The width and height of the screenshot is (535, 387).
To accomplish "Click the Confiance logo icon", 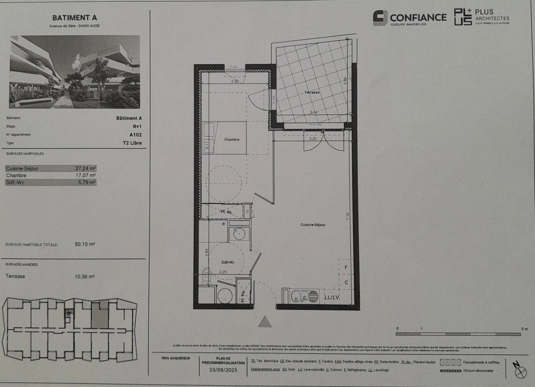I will tap(380, 18).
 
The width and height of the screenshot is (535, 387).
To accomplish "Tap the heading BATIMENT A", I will tap(75, 18).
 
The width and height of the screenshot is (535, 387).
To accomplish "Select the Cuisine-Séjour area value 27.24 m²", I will tap(85, 168).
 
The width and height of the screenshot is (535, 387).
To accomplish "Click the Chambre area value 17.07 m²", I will tap(85, 175).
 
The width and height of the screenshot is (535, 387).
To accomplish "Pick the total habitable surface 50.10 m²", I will tap(85, 244).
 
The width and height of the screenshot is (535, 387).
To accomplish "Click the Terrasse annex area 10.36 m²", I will tap(85, 277).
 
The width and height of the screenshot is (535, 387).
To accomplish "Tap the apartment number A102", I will tap(136, 135).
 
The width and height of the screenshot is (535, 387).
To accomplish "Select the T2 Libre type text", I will tap(132, 143).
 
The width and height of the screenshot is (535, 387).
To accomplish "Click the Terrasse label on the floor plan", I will tap(312, 92).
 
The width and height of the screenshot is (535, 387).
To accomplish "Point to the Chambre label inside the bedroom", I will tap(232, 139).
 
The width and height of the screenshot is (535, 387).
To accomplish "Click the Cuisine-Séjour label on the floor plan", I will tap(313, 225).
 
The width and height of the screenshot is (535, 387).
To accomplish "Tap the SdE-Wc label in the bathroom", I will tap(228, 262).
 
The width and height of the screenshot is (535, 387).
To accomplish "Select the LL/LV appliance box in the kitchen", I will tap(332, 297).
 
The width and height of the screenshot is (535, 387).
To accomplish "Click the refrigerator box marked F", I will tap(346, 267).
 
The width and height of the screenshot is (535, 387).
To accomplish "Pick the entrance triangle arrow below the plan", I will tap(265, 322).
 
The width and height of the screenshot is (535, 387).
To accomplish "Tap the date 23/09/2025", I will tap(223, 371).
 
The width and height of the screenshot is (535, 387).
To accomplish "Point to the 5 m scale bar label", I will tap(525, 329).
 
